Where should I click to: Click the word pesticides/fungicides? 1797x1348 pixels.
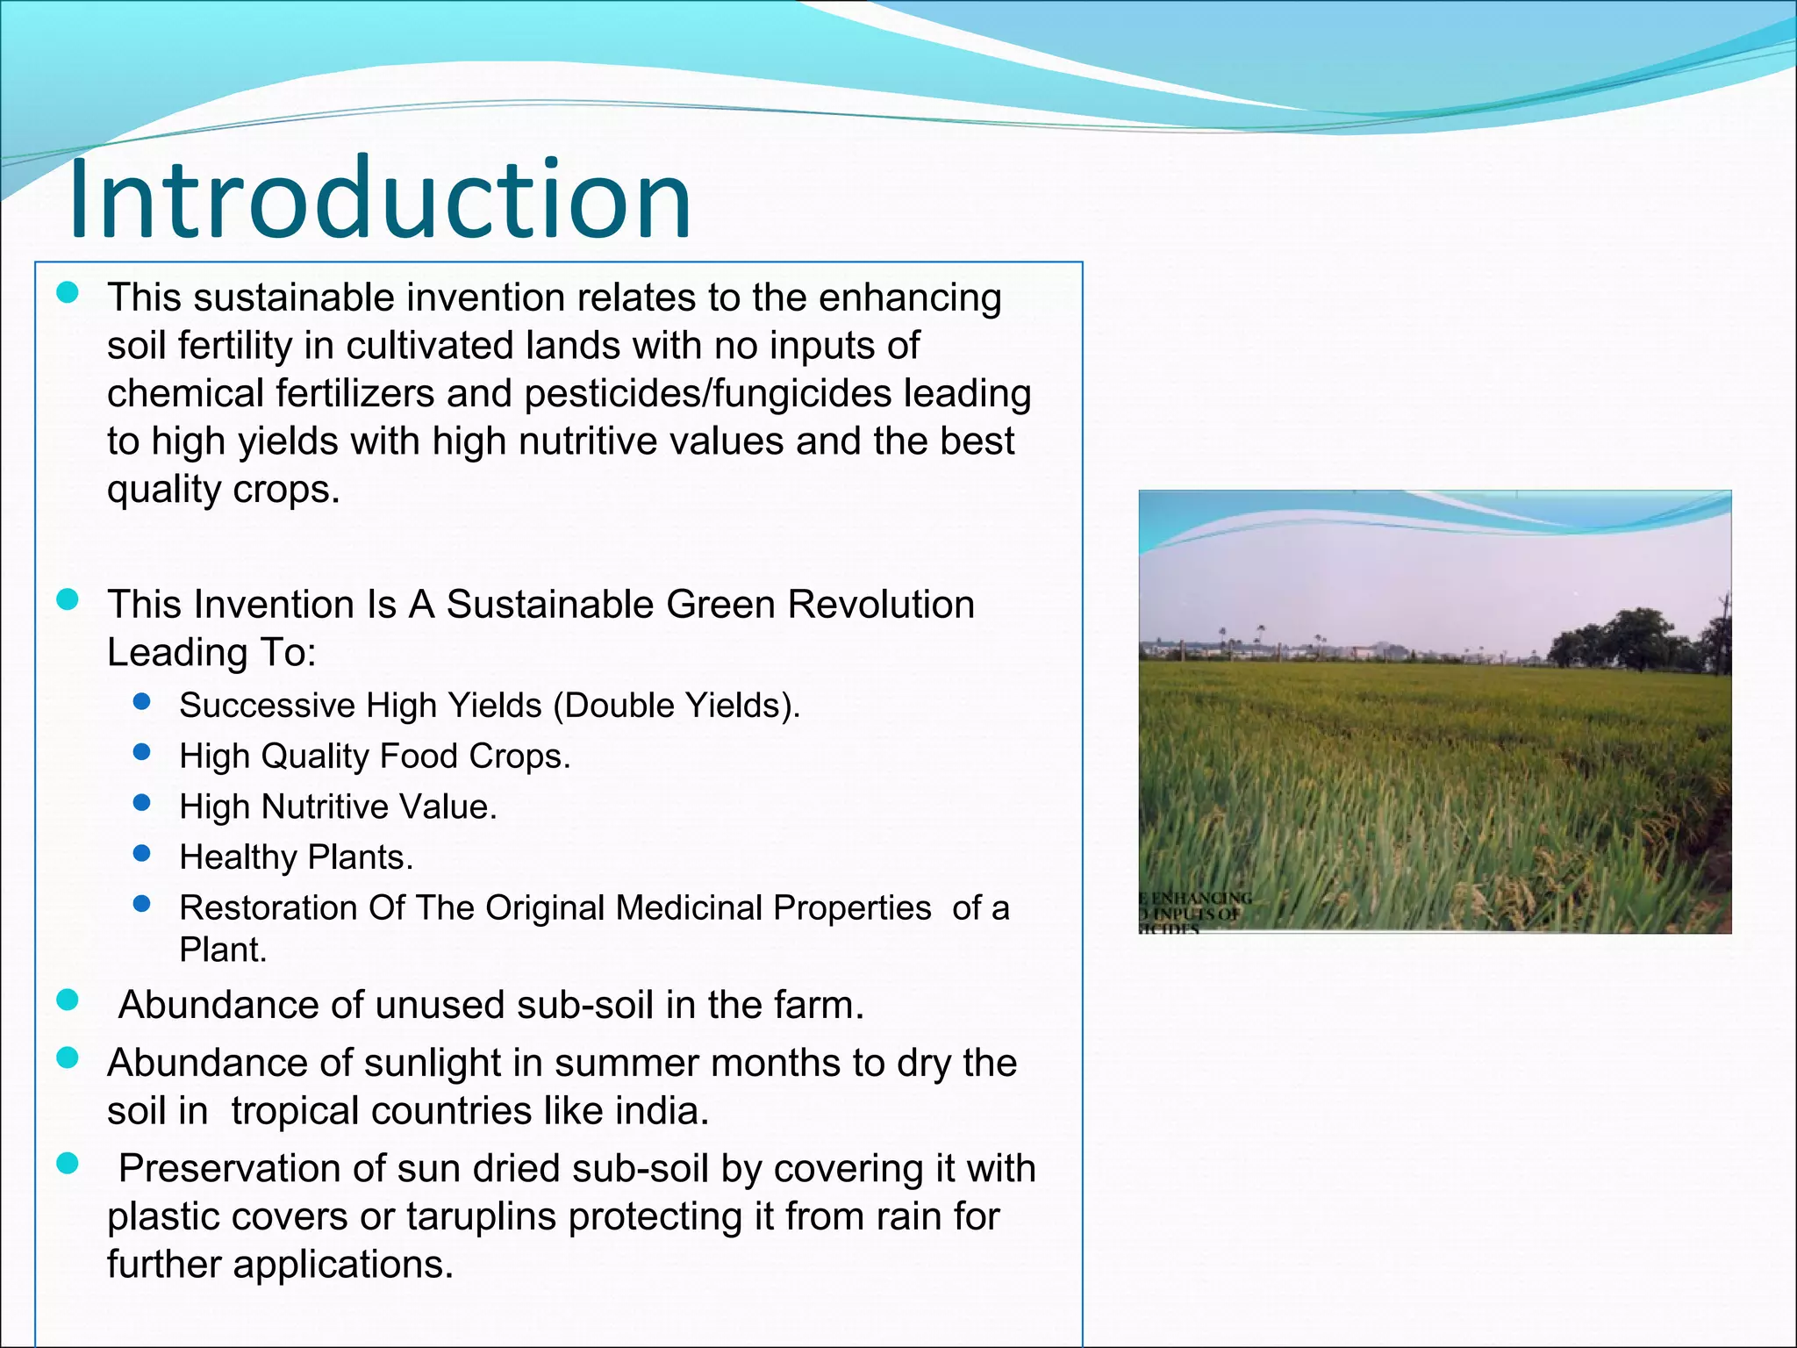(x=707, y=393)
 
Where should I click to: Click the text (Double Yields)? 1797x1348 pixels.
(x=677, y=706)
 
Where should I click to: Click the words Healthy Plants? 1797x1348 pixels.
(x=296, y=857)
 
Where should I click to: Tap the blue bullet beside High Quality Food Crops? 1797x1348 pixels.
(x=142, y=752)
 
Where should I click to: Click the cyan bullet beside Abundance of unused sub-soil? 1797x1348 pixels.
(x=68, y=1000)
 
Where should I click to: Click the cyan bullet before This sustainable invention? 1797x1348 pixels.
(x=68, y=293)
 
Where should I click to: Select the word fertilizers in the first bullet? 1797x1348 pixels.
(x=354, y=393)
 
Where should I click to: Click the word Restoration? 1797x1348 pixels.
(x=268, y=908)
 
